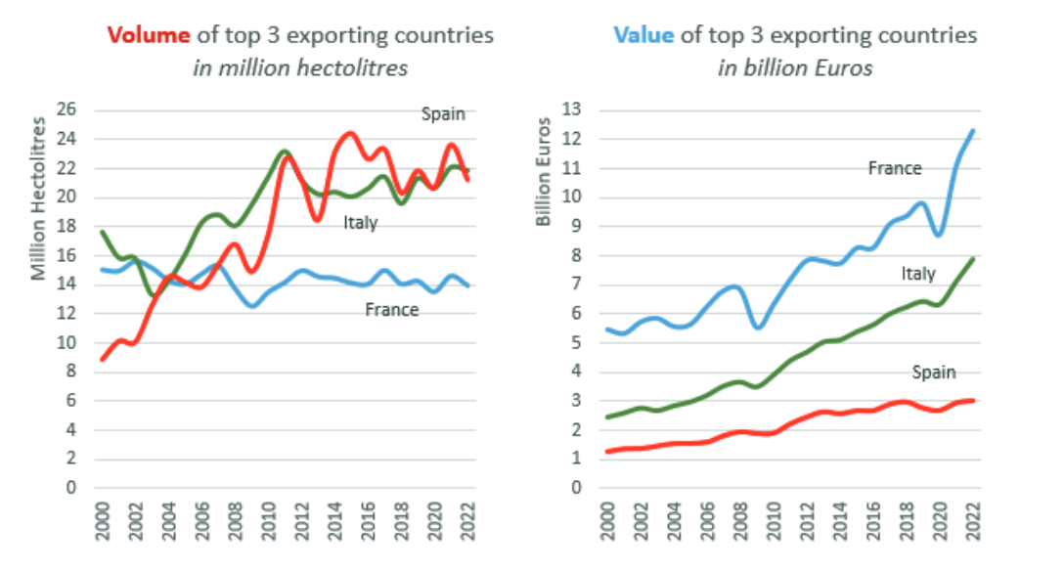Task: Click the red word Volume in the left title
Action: tap(148, 36)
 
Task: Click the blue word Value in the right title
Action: tap(643, 36)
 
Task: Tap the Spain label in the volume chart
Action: tap(442, 113)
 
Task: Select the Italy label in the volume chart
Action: tap(360, 223)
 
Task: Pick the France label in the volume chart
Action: tap(391, 310)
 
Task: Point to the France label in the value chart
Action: tap(895, 168)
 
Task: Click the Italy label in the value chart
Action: tap(918, 274)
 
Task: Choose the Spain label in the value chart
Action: tap(933, 372)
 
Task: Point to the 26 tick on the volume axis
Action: tap(66, 110)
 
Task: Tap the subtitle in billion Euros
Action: tap(795, 67)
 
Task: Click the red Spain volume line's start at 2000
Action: tap(103, 360)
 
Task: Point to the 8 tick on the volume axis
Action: tap(70, 372)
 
